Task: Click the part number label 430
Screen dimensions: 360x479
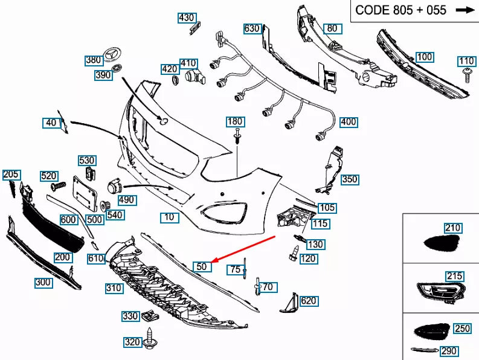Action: pos(187,18)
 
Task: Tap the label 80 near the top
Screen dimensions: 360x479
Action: pos(332,28)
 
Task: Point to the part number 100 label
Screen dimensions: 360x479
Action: pos(425,57)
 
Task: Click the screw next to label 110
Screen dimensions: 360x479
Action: pos(466,75)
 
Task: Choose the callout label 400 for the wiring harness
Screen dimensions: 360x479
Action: pos(349,122)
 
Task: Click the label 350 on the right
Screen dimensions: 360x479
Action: pos(349,179)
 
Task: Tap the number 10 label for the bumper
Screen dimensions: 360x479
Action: pos(170,217)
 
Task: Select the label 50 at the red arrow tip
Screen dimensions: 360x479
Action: pos(201,266)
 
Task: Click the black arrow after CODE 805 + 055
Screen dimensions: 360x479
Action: pos(465,10)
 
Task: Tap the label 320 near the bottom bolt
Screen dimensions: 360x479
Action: pos(132,342)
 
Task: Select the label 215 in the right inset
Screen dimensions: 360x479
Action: pos(454,276)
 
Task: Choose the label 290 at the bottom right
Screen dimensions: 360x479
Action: pos(448,351)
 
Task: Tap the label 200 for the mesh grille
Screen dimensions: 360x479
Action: pos(63,257)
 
